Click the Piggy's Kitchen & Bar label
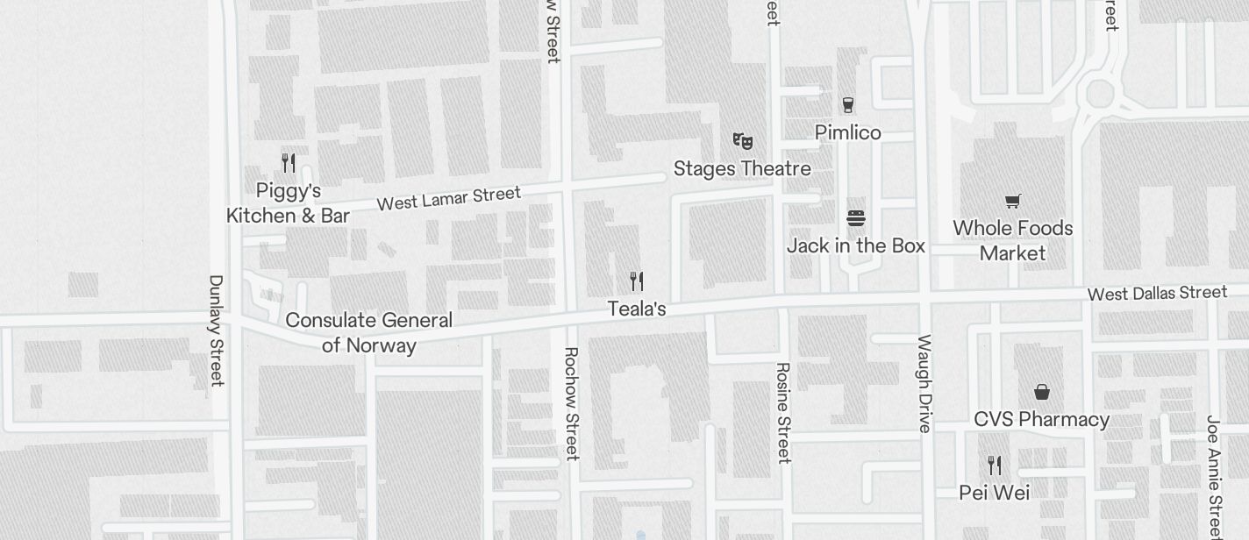point(288,203)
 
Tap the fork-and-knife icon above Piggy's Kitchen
point(288,163)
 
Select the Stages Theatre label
point(742,168)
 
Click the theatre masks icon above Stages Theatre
point(742,140)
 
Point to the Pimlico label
point(847,132)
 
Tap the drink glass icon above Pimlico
point(847,105)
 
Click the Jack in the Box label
point(855,245)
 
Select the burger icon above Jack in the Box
point(856,217)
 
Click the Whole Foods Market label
point(1012,240)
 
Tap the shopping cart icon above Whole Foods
point(1012,202)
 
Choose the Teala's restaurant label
point(637,309)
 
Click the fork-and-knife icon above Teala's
point(637,281)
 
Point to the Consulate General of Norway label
point(368,333)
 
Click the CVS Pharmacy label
point(1041,419)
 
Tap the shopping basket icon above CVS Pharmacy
point(1041,391)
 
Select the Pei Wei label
point(994,493)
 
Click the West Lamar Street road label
point(448,198)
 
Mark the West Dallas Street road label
point(1157,293)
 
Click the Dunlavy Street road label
point(216,330)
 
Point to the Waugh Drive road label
point(924,383)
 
